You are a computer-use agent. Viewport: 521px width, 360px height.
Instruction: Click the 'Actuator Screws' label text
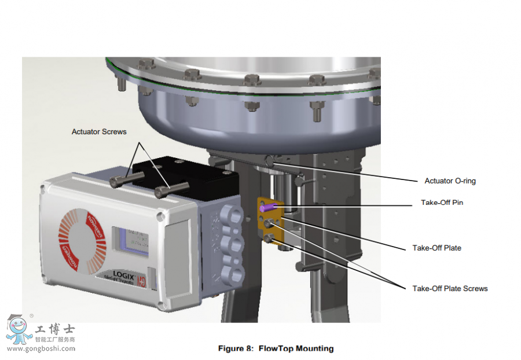click(x=99, y=132)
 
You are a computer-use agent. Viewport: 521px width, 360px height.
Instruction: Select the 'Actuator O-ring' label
click(x=450, y=181)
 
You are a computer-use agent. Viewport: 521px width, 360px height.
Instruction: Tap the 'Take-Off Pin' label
click(x=442, y=203)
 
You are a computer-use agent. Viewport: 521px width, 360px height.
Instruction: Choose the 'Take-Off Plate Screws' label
click(x=450, y=288)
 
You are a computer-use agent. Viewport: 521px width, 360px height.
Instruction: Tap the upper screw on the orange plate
click(x=268, y=223)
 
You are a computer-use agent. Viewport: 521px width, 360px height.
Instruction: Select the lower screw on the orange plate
click(x=269, y=238)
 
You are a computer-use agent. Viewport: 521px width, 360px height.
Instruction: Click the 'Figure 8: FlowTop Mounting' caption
click(x=276, y=348)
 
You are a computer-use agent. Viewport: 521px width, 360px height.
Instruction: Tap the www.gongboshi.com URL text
click(x=41, y=348)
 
